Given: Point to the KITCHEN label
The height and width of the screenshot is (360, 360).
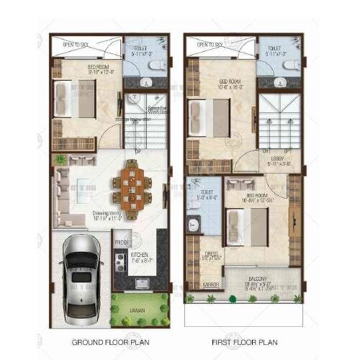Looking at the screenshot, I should pyautogui.click(x=140, y=256).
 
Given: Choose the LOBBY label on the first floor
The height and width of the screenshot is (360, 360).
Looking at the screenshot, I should pyautogui.click(x=277, y=158).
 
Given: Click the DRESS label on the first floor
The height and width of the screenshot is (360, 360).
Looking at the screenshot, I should pyautogui.click(x=212, y=253).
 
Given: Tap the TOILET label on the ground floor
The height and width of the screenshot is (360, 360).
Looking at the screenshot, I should pyautogui.click(x=140, y=50).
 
